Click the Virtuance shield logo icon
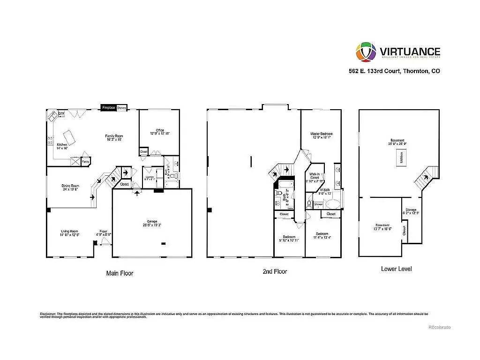(x=366, y=52)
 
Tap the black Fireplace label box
(x=108, y=107)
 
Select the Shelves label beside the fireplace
(x=122, y=107)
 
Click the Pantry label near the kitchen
(x=86, y=162)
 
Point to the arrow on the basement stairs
(x=426, y=178)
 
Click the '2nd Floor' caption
(x=274, y=271)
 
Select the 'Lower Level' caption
(x=397, y=269)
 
